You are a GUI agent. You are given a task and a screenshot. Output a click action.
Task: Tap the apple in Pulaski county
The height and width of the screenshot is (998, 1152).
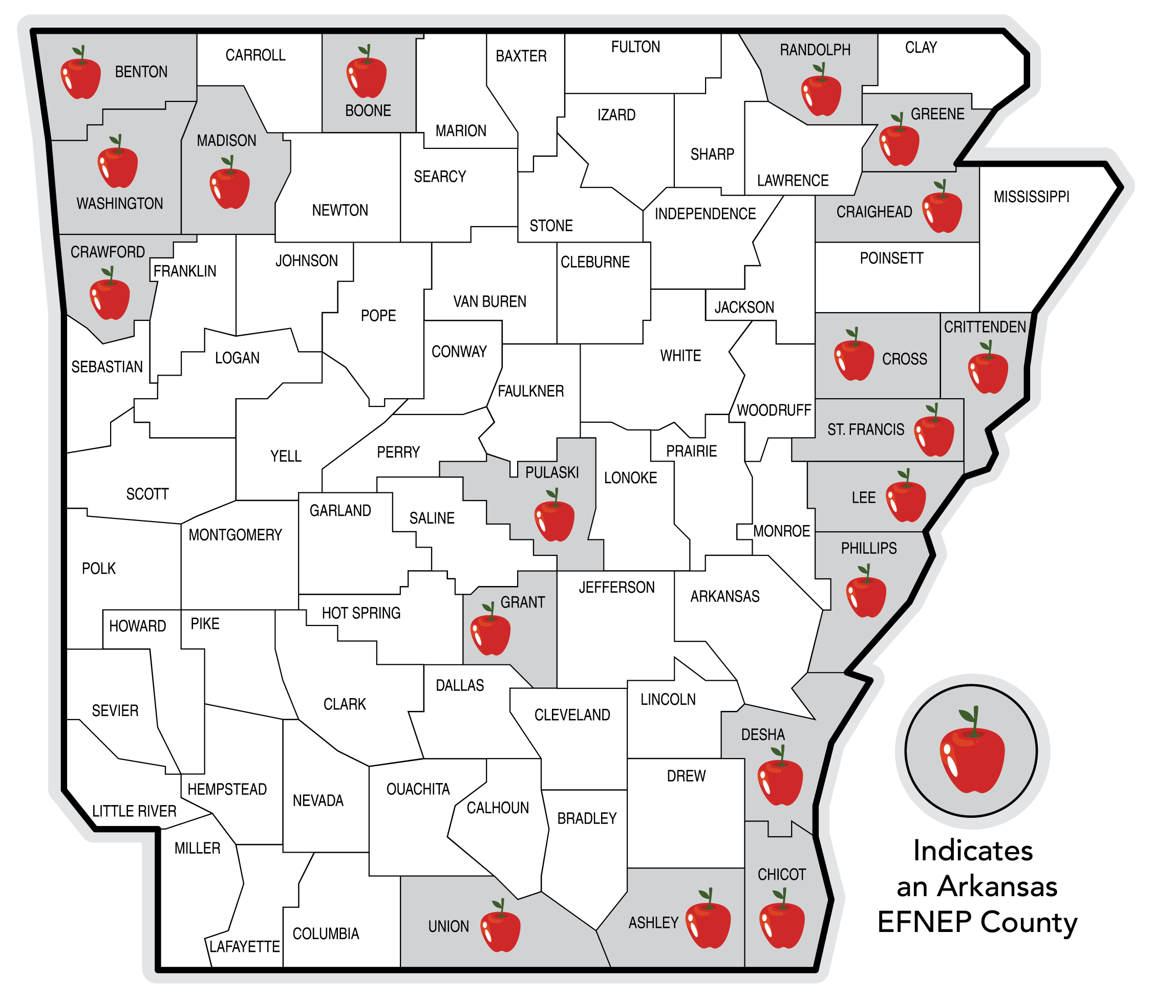click(554, 519)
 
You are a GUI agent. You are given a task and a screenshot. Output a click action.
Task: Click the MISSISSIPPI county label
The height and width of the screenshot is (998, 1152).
click(1031, 197)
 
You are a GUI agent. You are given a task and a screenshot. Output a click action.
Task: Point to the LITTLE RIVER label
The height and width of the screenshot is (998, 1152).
click(134, 811)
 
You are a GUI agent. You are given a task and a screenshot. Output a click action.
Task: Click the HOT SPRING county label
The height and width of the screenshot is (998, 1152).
click(361, 613)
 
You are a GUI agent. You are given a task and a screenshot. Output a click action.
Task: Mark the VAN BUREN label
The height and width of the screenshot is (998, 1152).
click(489, 302)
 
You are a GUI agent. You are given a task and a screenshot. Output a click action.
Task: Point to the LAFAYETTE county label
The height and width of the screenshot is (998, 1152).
click(245, 947)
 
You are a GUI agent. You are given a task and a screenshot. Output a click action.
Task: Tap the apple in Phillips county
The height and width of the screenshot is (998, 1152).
click(866, 595)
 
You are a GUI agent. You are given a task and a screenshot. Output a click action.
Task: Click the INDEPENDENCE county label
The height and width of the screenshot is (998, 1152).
click(705, 214)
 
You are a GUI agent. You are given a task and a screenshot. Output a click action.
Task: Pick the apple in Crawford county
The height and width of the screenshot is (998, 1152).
click(110, 298)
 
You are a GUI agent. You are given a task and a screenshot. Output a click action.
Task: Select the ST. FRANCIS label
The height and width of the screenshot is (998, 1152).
click(866, 429)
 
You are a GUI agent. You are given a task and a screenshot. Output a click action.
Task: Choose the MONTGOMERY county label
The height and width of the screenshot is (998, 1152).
click(235, 535)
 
